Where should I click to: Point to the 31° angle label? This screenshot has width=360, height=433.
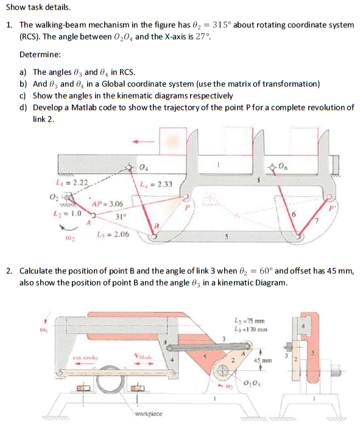[x=121, y=217]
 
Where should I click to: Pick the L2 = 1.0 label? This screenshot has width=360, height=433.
[x=67, y=214]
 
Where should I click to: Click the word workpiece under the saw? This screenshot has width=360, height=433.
[x=150, y=414]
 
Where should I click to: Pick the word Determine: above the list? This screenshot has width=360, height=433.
[x=40, y=54]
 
